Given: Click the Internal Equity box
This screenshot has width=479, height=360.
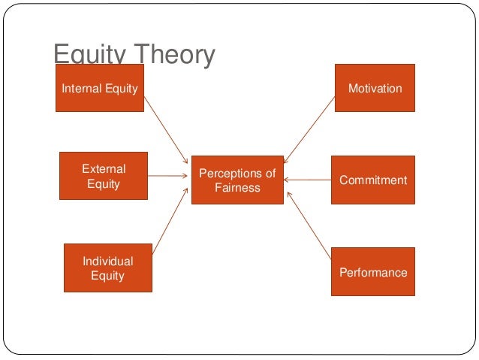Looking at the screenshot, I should coord(100,88).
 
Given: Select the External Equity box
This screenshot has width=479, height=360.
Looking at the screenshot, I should coord(104,176).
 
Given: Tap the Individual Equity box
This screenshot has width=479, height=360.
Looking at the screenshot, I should coord(107,268).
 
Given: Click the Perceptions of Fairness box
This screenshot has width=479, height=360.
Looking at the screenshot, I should coord(237,180).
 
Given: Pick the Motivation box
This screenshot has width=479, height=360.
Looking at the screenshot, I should coord(375,88).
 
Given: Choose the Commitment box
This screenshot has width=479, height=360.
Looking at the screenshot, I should coord(373,180).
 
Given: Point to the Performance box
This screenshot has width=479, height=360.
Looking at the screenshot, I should coord(373,272).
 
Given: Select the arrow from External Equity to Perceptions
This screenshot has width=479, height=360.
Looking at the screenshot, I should coord(169,177).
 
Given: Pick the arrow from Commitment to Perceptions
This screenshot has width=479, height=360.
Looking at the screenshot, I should coord(308,180).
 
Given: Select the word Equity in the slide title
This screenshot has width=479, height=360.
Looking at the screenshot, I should coord(85,56).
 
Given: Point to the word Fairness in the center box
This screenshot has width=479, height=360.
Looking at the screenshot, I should coord(237,188).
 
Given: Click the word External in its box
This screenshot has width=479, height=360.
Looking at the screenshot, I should coord(104,169).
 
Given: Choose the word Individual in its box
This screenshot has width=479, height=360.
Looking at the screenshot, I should coord(107,261).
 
